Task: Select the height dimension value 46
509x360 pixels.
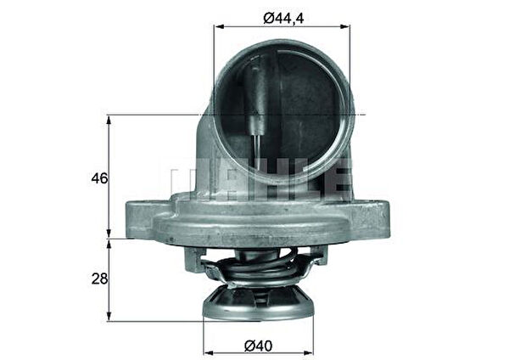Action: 99,178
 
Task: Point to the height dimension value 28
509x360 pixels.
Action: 99,279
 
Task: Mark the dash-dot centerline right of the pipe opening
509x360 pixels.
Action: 358,115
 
